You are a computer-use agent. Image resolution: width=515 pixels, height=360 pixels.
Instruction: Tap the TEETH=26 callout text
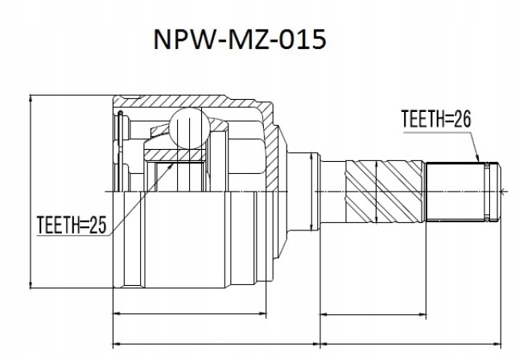(435, 119)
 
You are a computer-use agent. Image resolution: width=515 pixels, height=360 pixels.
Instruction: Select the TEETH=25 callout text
(72, 224)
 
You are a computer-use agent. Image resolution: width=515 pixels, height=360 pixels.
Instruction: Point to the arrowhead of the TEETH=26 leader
(479, 162)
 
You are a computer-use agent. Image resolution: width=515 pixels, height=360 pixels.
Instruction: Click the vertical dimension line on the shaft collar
(311, 191)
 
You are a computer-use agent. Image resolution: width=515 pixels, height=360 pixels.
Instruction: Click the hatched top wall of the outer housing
(193, 102)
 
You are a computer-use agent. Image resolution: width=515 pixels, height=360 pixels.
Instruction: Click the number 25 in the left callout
(98, 224)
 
